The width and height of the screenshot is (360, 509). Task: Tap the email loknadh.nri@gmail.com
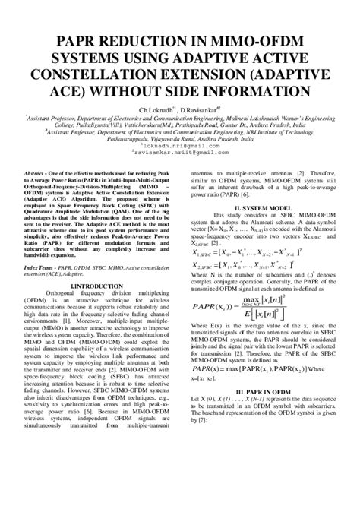click(180, 144)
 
